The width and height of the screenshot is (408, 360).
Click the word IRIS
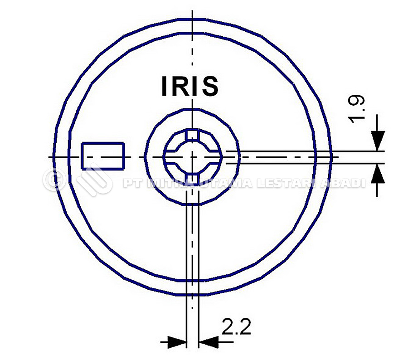190,86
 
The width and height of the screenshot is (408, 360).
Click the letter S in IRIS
210,86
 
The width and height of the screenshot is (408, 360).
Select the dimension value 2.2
236,326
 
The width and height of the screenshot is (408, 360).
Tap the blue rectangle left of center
103,156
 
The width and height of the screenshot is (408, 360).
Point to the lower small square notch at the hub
193,177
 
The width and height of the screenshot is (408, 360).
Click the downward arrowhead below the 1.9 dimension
377,140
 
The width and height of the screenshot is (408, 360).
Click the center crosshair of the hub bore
193,156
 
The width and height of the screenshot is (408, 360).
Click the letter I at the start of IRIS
165,86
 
